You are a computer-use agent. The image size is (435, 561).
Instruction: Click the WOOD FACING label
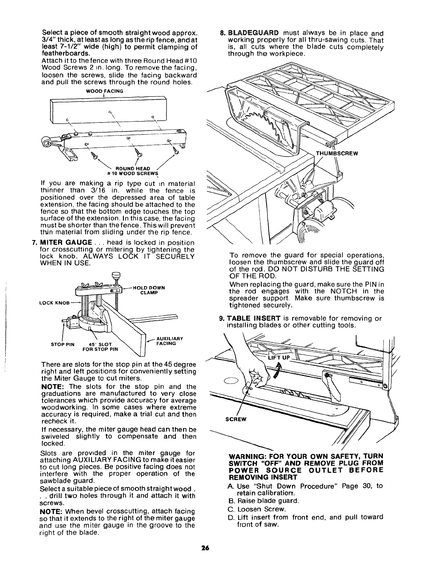point(104,91)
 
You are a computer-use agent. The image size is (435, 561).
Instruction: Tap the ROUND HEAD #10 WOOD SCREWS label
point(138,170)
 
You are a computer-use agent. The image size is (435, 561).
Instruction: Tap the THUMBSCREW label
point(337,153)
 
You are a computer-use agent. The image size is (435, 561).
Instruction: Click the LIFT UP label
point(279,358)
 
